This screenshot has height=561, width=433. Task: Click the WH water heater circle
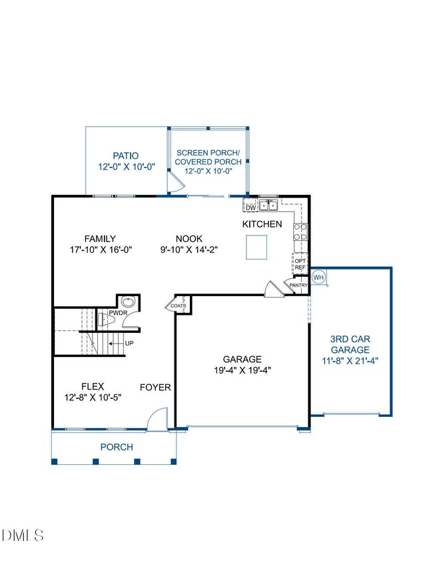[318, 277]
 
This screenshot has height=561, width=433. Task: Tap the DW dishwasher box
[250, 207]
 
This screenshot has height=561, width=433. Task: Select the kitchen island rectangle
[256, 247]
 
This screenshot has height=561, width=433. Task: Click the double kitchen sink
[268, 205]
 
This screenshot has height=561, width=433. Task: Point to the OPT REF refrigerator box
[300, 264]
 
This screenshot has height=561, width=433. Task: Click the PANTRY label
[298, 285]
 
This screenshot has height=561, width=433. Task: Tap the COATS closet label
[179, 306]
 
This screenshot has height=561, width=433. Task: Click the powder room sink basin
[128, 302]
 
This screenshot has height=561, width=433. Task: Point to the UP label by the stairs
[129, 344]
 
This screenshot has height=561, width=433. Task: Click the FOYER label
[155, 388]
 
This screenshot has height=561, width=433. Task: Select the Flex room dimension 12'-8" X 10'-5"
[93, 398]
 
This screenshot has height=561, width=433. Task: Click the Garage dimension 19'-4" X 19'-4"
[242, 370]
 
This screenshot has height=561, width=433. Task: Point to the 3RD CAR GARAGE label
[350, 344]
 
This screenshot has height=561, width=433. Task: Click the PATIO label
[126, 156]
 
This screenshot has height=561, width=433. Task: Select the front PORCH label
[117, 447]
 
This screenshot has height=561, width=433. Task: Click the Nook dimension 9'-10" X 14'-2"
[189, 249]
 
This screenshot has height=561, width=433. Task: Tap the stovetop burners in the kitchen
[300, 232]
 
